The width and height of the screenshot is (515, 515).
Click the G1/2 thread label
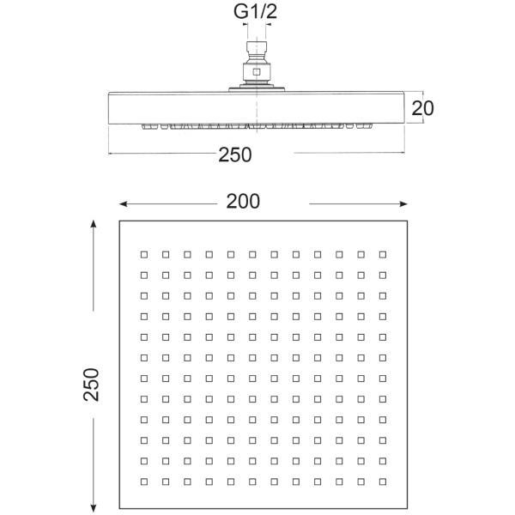255,11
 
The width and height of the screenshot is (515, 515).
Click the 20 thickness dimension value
422,108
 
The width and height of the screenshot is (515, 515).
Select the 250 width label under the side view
235,154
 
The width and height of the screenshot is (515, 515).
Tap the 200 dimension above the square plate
243,201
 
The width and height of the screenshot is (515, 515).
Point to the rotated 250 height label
91,385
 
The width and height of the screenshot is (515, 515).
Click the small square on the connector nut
257,72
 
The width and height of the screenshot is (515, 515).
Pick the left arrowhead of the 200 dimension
123,204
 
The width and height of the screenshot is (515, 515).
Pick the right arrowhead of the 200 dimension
403,204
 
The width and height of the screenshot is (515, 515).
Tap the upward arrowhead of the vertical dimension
94,224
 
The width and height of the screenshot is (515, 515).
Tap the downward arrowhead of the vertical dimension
94,508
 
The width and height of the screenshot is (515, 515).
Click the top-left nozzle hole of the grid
144,255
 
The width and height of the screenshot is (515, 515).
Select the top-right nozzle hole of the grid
383,255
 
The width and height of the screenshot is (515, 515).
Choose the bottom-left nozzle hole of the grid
144,482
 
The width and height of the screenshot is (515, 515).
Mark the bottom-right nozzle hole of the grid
383,482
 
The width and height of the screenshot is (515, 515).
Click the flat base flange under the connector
257,89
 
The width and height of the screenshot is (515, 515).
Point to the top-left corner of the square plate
119,221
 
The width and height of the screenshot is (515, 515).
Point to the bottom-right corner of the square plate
407,509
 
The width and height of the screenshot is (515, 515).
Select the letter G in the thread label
240,12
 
